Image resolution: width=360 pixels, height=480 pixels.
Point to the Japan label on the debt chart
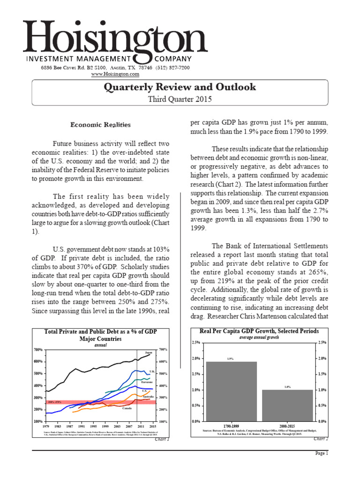pos(149,352)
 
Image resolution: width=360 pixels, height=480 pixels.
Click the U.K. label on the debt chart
pos(152,371)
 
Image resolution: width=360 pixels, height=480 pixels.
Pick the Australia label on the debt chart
pos(148,397)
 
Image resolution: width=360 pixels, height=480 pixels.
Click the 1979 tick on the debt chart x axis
pos(45,426)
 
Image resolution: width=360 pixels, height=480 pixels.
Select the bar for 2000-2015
pos(288,405)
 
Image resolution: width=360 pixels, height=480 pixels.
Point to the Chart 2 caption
pos(321,439)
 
